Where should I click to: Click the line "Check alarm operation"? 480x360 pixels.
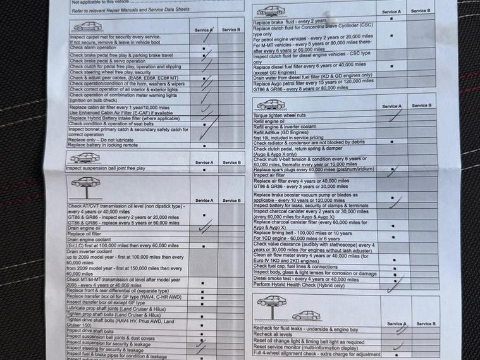(92, 48)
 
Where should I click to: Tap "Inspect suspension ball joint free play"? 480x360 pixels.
(106, 168)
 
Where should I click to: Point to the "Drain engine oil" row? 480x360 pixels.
(84, 228)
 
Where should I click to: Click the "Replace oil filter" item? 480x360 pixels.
(85, 233)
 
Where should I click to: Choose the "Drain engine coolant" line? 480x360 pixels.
(89, 239)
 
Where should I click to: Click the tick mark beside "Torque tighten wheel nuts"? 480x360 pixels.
(396, 116)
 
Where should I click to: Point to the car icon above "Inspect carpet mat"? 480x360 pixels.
(87, 27)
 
